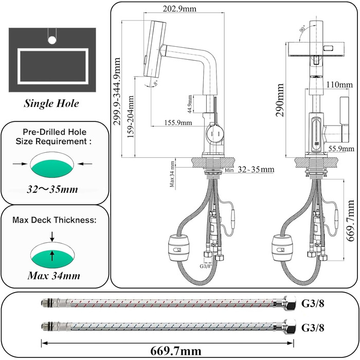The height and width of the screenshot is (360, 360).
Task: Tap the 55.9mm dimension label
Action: click(340, 148)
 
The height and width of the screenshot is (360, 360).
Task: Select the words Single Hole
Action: click(51, 103)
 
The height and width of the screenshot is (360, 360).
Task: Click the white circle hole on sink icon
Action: click(51, 38)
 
